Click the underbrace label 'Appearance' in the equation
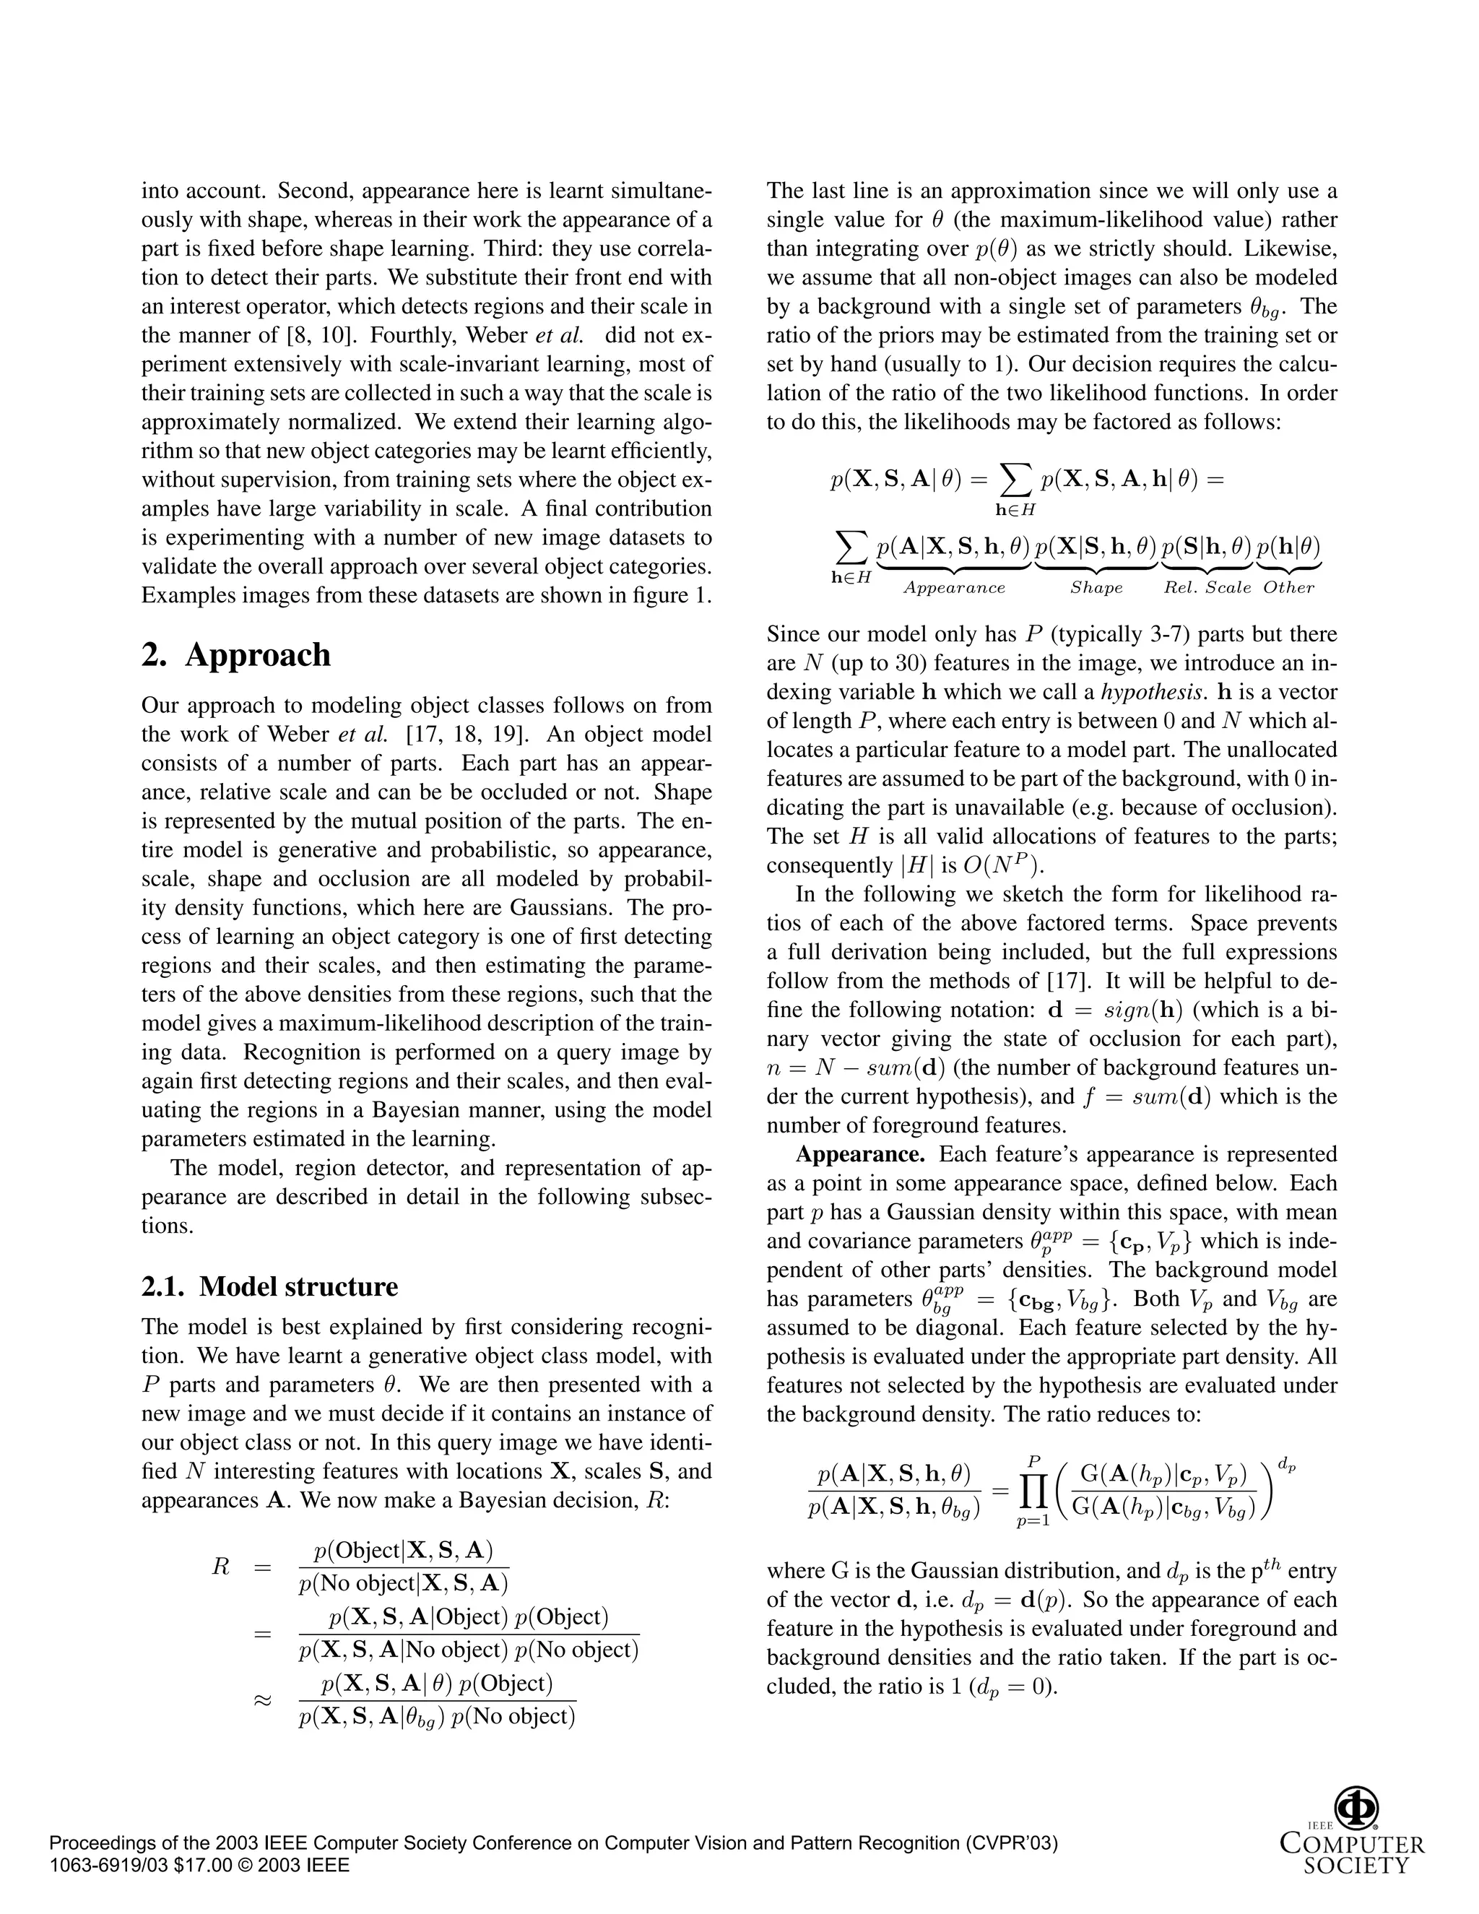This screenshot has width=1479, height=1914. tap(954, 588)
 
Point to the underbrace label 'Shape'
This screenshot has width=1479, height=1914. tap(1096, 588)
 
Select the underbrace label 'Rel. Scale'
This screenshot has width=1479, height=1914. tap(1207, 588)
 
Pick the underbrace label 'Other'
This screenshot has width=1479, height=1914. tap(1288, 588)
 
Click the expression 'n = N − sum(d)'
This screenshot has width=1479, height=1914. tap(841, 1068)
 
